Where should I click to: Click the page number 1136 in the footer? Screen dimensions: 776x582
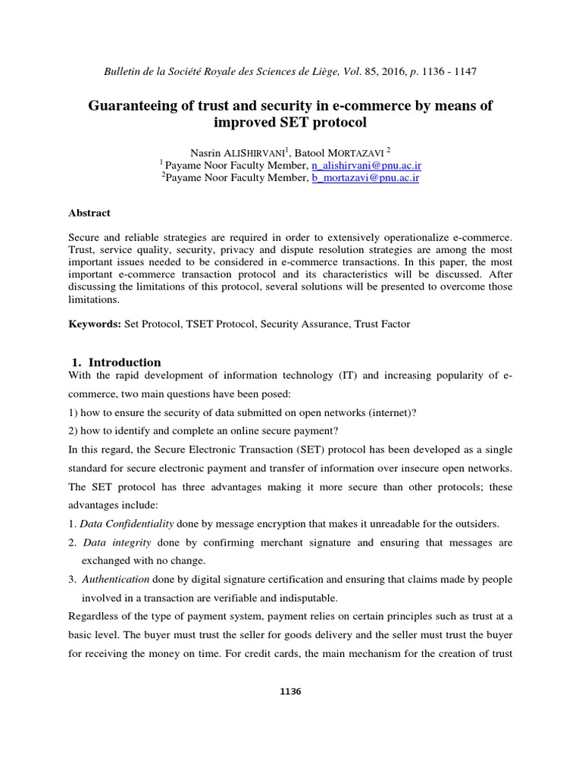pos(291,692)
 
